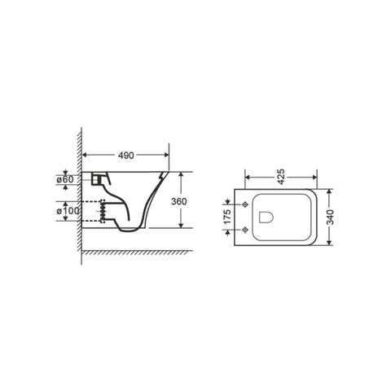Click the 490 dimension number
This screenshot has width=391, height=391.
126,156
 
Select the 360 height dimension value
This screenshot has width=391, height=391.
179,201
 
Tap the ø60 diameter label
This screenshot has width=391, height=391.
65,179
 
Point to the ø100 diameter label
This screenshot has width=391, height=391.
68,211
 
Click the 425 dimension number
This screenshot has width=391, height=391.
281,177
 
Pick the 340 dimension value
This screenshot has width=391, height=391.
330,217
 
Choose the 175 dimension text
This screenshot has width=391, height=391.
227,217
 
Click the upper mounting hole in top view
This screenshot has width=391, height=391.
245,204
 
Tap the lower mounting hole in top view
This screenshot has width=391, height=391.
245,230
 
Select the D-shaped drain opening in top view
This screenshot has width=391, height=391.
266,217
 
